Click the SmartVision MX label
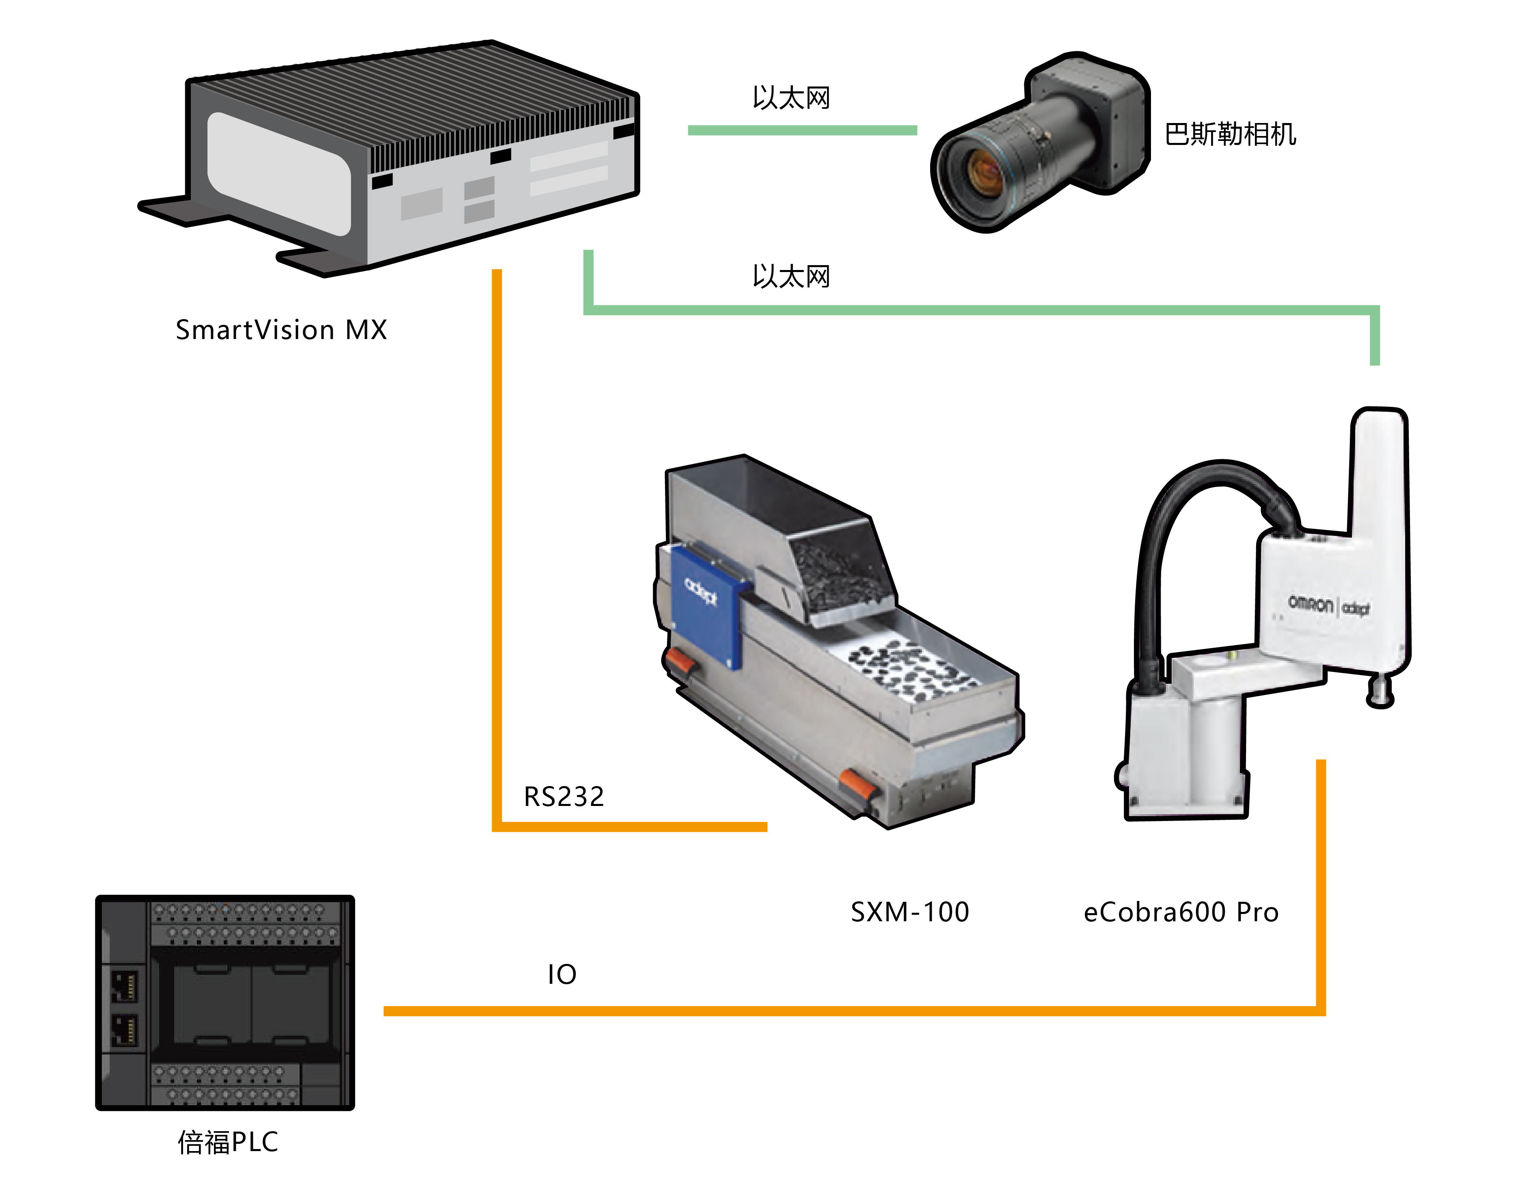281,330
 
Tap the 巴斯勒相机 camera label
1230,134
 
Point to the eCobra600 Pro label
1181,912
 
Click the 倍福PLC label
228,1141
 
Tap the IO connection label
561,974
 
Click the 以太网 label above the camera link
791,98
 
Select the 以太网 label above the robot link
791,277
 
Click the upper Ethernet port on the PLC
124,986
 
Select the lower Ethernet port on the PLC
124,1029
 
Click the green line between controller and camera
802,130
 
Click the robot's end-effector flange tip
1380,695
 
